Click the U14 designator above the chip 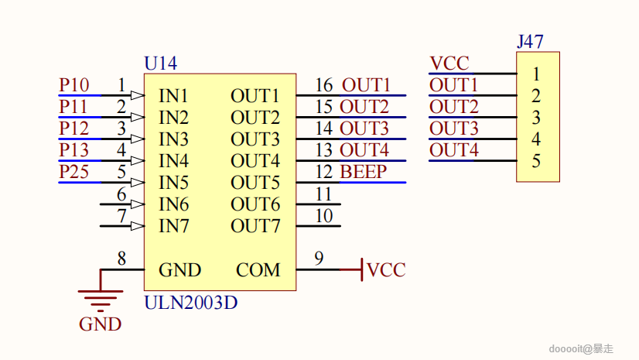161,63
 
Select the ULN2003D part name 190,303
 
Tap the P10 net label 73,85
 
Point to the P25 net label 73,172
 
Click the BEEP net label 363,172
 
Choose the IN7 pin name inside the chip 173,226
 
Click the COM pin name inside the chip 258,270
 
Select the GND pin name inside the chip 179,270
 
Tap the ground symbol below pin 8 100,295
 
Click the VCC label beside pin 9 386,270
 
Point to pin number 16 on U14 324,84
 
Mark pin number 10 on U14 324,215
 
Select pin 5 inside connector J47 536,162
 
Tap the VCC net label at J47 449,63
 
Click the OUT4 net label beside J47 454,150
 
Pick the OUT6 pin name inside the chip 255,204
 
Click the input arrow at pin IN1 138,95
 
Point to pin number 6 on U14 121,194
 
